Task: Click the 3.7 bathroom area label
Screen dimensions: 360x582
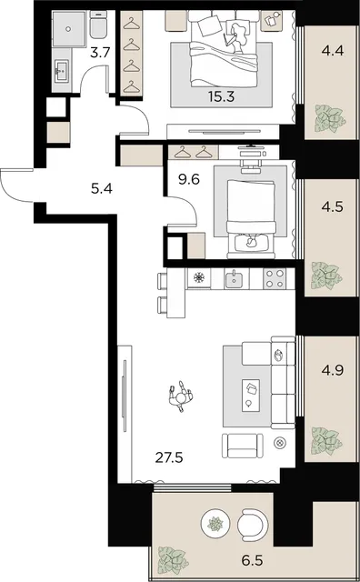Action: tap(100, 53)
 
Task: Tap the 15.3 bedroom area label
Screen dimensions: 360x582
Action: tap(221, 97)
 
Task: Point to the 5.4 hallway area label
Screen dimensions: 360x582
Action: tap(102, 189)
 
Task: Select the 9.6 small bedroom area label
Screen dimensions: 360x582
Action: tap(189, 180)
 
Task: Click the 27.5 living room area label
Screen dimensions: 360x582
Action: tap(169, 457)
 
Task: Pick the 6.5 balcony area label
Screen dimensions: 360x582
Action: tap(253, 560)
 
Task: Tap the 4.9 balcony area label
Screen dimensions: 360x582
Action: tap(333, 370)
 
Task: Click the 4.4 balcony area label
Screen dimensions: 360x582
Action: tap(333, 51)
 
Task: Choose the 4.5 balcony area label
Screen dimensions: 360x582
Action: tap(333, 206)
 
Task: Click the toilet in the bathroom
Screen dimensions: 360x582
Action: tap(98, 25)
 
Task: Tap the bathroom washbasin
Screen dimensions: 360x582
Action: tap(62, 71)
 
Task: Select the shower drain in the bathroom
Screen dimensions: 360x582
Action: tap(68, 28)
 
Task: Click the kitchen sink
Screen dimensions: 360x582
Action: tap(234, 278)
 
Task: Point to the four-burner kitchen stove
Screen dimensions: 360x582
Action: tap(275, 278)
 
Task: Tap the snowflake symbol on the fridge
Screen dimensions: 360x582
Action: tap(199, 277)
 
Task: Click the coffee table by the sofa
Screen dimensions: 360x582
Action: tap(251, 396)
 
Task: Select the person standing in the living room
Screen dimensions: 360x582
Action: tap(181, 396)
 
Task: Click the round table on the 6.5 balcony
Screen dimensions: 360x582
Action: tap(215, 524)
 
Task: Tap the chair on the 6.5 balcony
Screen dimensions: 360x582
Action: tap(253, 524)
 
